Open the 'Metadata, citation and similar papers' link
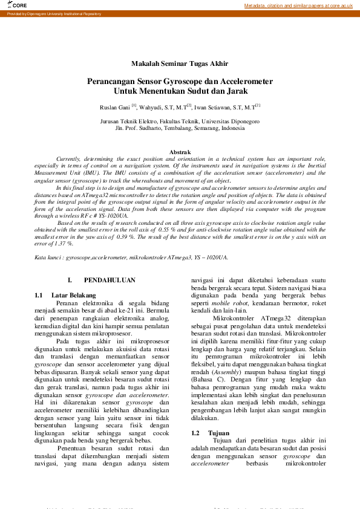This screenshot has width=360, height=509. [298, 5]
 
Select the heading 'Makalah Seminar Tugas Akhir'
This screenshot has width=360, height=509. [180, 63]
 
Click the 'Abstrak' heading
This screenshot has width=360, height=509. [180, 152]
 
